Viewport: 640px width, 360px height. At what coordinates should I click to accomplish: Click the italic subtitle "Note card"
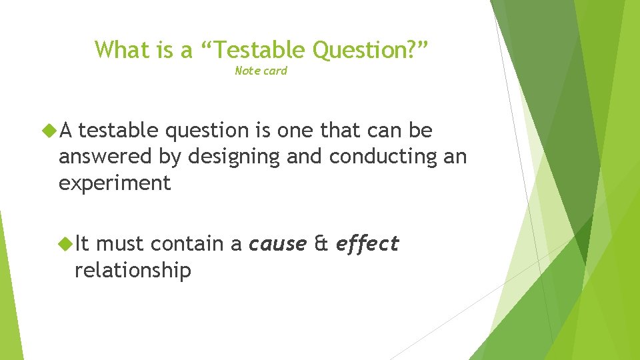click(261, 71)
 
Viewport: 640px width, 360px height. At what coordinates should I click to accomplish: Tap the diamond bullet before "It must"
click(67, 245)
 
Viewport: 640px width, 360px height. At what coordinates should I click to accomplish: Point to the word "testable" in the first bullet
click(119, 131)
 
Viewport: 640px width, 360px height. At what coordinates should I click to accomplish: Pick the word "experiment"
click(115, 183)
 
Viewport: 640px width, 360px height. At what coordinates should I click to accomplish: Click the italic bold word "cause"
click(277, 245)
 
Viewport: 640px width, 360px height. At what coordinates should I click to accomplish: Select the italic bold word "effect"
click(367, 244)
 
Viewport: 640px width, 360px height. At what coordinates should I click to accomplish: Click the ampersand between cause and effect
click(321, 245)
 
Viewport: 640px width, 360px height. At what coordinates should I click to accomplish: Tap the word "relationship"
click(133, 270)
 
